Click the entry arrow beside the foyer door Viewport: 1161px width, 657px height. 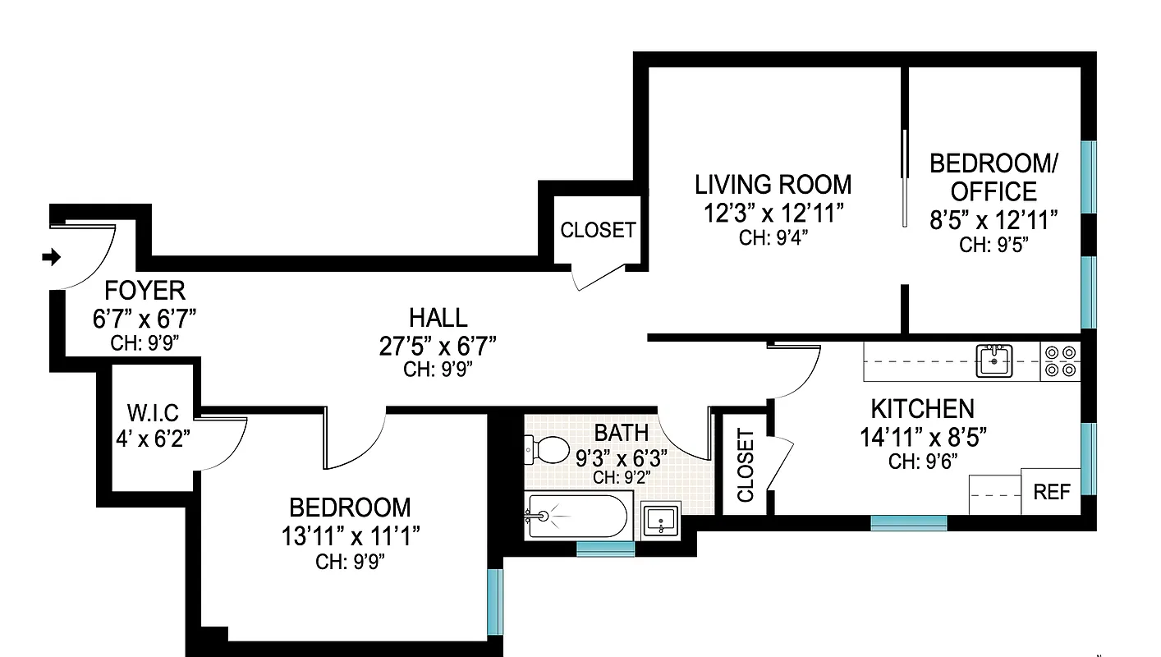52,257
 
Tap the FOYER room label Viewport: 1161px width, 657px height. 145,291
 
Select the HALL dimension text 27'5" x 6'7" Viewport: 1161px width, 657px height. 438,345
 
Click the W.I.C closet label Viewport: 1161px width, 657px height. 153,412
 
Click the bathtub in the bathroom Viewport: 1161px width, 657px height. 576,516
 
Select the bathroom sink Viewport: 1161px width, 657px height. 661,519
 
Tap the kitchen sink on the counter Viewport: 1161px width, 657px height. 994,361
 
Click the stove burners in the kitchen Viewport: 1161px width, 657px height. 1060,361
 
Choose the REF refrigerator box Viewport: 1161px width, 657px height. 1052,492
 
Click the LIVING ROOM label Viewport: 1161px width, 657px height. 773,184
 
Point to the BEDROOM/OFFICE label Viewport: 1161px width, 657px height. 994,177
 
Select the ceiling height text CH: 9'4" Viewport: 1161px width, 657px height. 773,238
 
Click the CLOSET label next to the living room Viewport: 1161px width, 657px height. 598,231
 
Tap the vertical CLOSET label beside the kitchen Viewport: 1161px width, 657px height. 746,466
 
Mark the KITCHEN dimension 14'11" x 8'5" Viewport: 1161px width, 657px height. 923,437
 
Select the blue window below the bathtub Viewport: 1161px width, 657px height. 606,549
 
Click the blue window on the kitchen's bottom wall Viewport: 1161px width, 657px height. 908,522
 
